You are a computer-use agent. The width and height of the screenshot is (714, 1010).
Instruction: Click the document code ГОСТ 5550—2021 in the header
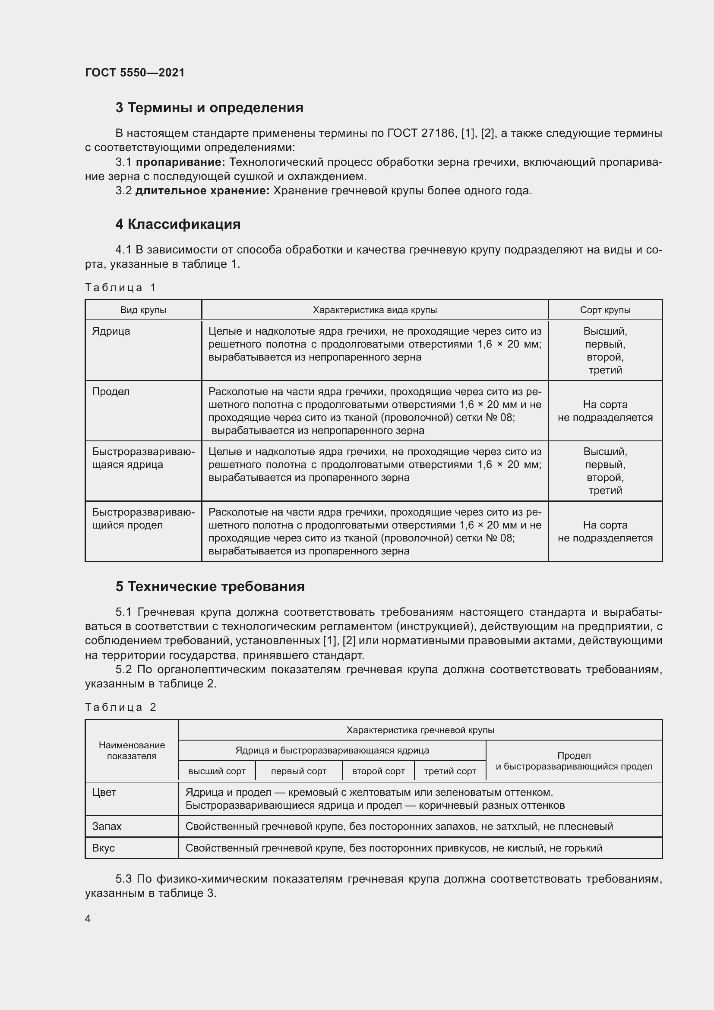135,73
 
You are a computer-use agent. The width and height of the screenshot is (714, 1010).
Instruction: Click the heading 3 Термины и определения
209,108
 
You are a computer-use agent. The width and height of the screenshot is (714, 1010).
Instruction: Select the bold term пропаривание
180,162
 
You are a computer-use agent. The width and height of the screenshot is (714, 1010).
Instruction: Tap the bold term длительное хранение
202,191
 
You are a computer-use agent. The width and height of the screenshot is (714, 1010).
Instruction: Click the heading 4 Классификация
177,225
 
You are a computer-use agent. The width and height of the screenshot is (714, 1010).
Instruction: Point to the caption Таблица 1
120,288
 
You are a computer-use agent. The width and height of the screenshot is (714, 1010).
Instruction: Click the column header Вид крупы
143,310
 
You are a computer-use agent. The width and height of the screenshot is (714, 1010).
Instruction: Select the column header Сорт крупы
605,310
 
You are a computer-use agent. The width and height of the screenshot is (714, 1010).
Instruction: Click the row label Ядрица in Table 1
111,331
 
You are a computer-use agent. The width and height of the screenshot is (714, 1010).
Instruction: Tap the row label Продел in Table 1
111,392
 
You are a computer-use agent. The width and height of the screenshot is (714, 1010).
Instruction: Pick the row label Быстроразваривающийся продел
143,519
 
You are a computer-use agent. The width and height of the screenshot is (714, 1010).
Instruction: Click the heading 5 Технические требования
210,587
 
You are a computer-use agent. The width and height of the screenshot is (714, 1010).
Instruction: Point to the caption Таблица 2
120,707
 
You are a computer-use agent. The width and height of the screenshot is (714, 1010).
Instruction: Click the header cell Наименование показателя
132,751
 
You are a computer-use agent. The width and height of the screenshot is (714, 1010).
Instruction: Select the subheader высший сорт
217,771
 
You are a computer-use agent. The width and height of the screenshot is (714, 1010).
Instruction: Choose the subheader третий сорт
450,771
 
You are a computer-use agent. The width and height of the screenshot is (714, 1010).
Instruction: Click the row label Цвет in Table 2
104,793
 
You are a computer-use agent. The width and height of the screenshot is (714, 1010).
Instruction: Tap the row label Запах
107,826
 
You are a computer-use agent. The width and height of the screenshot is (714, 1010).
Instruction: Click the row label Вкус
103,848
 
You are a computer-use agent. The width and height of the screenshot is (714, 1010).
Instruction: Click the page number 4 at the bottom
88,919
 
